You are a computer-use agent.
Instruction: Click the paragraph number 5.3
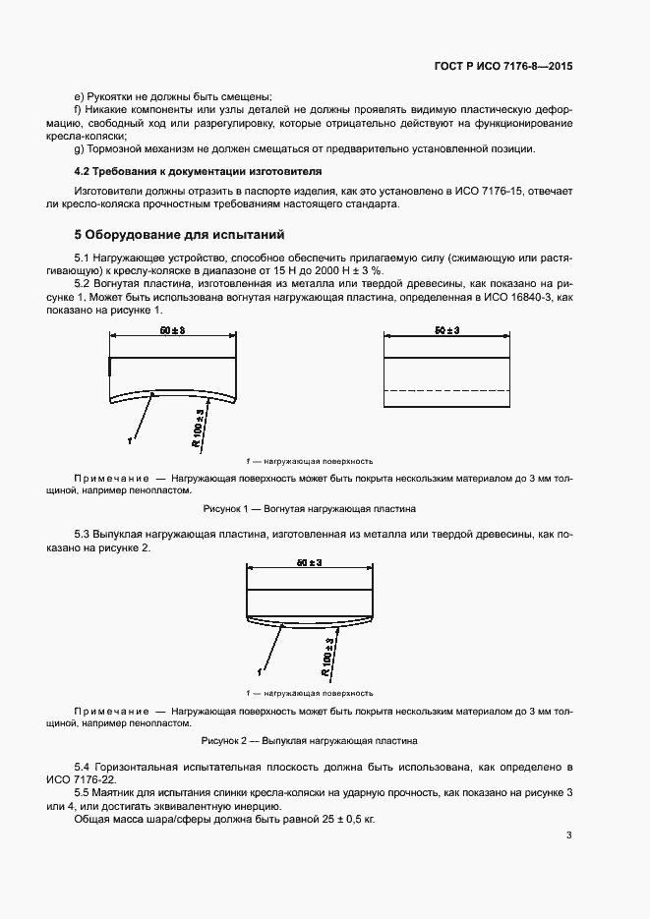pyautogui.click(x=83, y=533)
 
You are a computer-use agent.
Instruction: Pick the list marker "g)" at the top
pyautogui.click(x=79, y=148)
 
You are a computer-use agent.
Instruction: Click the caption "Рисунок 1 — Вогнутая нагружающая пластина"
pyautogui.click(x=309, y=509)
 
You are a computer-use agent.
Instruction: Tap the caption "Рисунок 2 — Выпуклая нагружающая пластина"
pyautogui.click(x=309, y=740)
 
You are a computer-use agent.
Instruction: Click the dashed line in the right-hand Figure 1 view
pyautogui.click(x=446, y=390)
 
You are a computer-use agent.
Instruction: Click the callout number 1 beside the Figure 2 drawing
pyautogui.click(x=260, y=671)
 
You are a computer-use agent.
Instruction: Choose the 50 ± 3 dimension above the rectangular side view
pyautogui.click(x=446, y=330)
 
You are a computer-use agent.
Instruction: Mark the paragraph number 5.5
pyautogui.click(x=83, y=791)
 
